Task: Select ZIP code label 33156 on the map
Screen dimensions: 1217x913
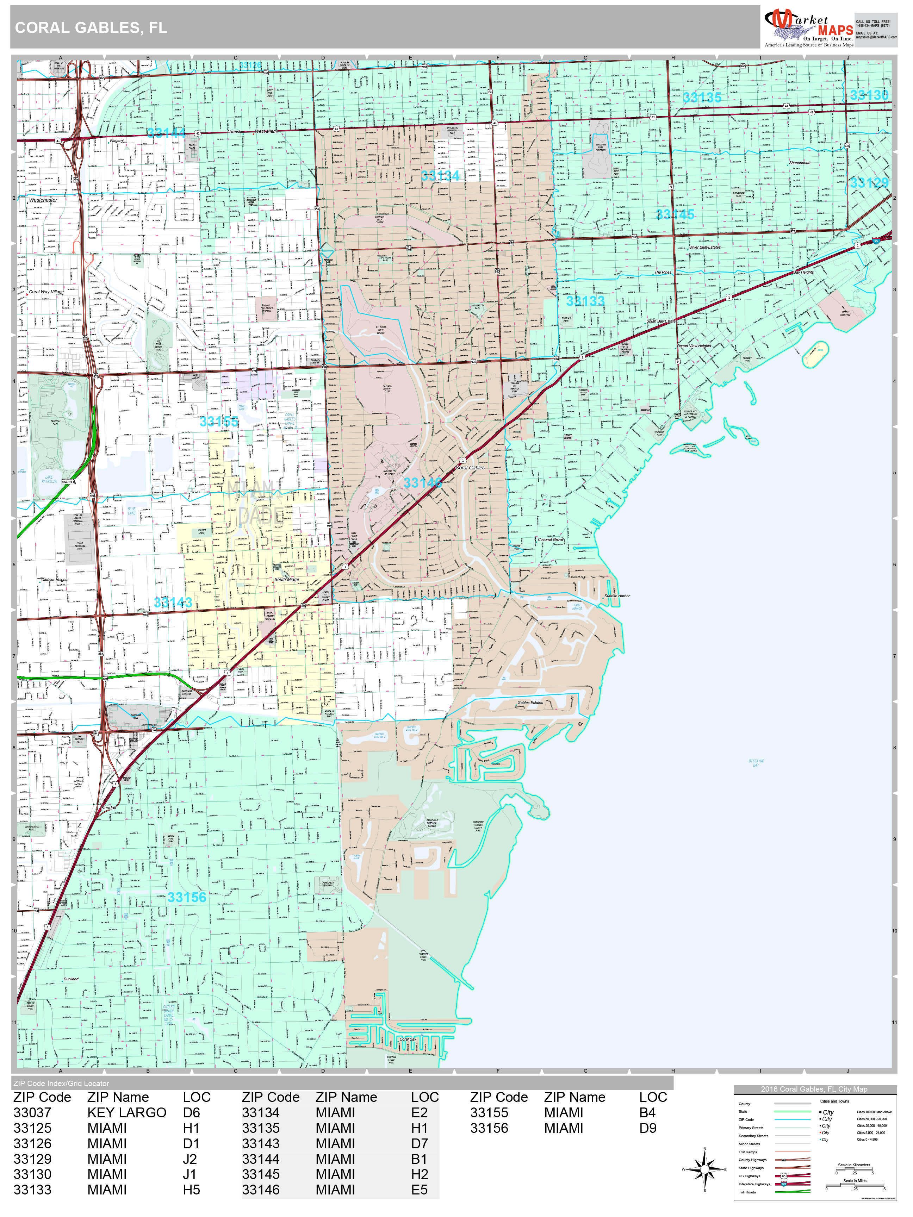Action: [x=187, y=897]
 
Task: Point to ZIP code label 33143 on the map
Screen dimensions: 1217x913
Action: [x=173, y=603]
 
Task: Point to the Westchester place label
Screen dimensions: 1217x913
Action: [x=43, y=200]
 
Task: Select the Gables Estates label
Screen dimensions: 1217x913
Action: [x=530, y=703]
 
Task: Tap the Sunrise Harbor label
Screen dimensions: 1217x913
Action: [x=617, y=596]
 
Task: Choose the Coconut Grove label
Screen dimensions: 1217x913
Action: [x=550, y=540]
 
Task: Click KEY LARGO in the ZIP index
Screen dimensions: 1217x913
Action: [x=126, y=1112]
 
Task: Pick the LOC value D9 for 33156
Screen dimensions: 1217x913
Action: [x=648, y=1128]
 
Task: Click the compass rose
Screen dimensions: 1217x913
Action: [x=704, y=1169]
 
